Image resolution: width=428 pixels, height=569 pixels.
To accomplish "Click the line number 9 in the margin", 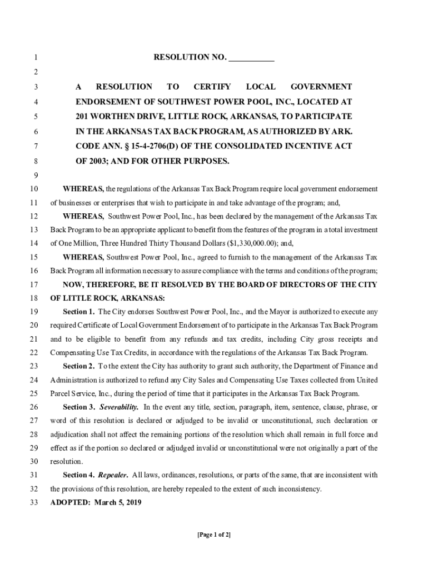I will [34, 176].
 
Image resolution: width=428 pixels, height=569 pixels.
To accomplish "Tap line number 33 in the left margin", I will [33, 503].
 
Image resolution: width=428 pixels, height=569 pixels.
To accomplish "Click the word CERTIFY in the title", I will [212, 87].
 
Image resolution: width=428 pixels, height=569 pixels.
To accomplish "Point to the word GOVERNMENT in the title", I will [321, 87].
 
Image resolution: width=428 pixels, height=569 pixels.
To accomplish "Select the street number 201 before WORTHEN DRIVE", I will [83, 117].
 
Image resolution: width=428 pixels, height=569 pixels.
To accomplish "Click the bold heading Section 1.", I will [78, 312].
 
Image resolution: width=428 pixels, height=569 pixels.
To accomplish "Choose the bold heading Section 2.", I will [78, 366].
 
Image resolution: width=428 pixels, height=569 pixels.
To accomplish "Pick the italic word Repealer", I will [113, 475].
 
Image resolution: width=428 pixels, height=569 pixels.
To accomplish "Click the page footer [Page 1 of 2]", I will [214, 535].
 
